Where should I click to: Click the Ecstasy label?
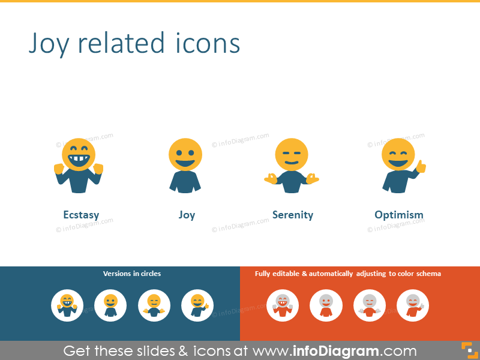point(81,215)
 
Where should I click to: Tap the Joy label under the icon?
point(187,215)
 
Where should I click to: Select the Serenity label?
point(293,215)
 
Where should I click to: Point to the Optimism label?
point(399,215)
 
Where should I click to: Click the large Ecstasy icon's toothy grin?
point(79,160)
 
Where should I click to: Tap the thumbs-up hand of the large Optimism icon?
point(421,167)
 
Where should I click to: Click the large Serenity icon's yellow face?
point(292,155)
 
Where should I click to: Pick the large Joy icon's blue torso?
point(185,182)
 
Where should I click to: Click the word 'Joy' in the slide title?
point(49,43)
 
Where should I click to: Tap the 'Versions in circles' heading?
point(132,274)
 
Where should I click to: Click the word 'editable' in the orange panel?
point(286,274)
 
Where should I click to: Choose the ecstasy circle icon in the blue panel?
point(67,305)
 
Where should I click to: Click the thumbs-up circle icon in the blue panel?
point(197,305)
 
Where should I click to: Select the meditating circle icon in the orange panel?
point(370,305)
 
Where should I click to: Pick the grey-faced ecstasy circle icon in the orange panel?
point(283,305)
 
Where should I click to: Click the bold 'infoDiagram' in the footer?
point(336,351)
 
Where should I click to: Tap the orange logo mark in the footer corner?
point(470,350)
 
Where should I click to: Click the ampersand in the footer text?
point(183,351)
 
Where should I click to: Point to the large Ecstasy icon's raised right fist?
point(98,169)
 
